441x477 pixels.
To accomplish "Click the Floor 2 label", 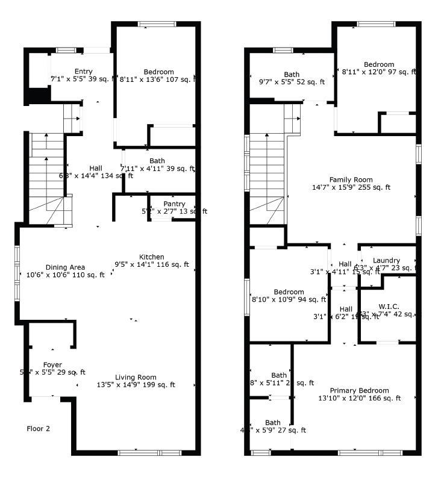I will (x=38, y=429).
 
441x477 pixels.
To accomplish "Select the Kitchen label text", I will (x=151, y=257).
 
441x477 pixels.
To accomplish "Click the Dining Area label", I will (x=65, y=267).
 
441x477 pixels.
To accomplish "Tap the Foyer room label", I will (x=52, y=365).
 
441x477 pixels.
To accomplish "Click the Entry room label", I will (x=83, y=72).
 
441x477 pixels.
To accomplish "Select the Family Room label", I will (x=351, y=179).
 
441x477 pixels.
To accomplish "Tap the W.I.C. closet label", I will (x=389, y=307).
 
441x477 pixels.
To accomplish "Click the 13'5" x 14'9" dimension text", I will (x=136, y=385).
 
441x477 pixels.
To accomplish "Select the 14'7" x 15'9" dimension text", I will (x=351, y=187).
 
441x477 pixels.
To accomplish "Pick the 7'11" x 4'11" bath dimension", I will (x=157, y=169).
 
